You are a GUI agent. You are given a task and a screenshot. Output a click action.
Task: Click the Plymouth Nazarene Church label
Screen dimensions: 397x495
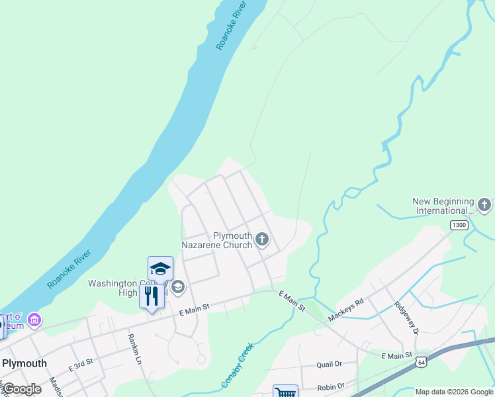click(x=232, y=240)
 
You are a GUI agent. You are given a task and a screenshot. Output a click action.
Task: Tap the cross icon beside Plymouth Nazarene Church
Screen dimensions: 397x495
click(x=262, y=239)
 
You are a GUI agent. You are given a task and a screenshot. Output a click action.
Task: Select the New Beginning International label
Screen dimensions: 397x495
click(x=443, y=206)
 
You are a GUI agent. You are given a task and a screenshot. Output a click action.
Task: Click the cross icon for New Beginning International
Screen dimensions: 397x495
click(x=484, y=205)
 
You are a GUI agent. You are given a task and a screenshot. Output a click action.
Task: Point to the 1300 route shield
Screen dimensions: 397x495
click(x=459, y=226)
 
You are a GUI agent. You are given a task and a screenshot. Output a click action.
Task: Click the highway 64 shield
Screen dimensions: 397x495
click(x=421, y=362)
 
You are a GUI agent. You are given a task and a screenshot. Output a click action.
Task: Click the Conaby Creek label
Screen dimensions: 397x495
click(x=237, y=365)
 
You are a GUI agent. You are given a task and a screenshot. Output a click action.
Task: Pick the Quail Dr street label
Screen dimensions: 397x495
click(x=328, y=364)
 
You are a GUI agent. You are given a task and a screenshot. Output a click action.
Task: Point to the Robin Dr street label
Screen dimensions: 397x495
click(x=330, y=386)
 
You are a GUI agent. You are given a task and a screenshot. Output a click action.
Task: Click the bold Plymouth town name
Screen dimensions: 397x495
click(x=24, y=363)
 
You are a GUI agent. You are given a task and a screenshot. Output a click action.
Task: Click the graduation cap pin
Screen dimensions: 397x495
click(x=160, y=268)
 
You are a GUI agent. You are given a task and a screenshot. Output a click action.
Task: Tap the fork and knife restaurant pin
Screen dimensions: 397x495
click(x=152, y=296)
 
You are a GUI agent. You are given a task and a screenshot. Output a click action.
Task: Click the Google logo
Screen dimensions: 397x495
click(x=21, y=389)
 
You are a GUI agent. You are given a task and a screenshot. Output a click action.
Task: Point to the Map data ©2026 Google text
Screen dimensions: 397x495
click(x=455, y=392)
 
